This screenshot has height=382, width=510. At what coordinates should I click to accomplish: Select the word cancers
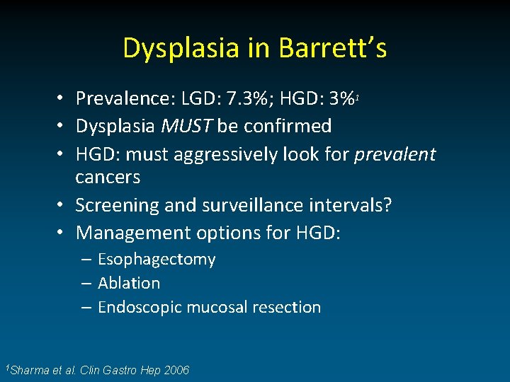[x=108, y=177]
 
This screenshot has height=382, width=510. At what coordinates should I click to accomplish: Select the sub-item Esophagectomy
[x=157, y=260]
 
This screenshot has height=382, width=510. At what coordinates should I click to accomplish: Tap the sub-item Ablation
[x=129, y=283]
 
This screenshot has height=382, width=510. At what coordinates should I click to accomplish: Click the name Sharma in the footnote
[x=31, y=370]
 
